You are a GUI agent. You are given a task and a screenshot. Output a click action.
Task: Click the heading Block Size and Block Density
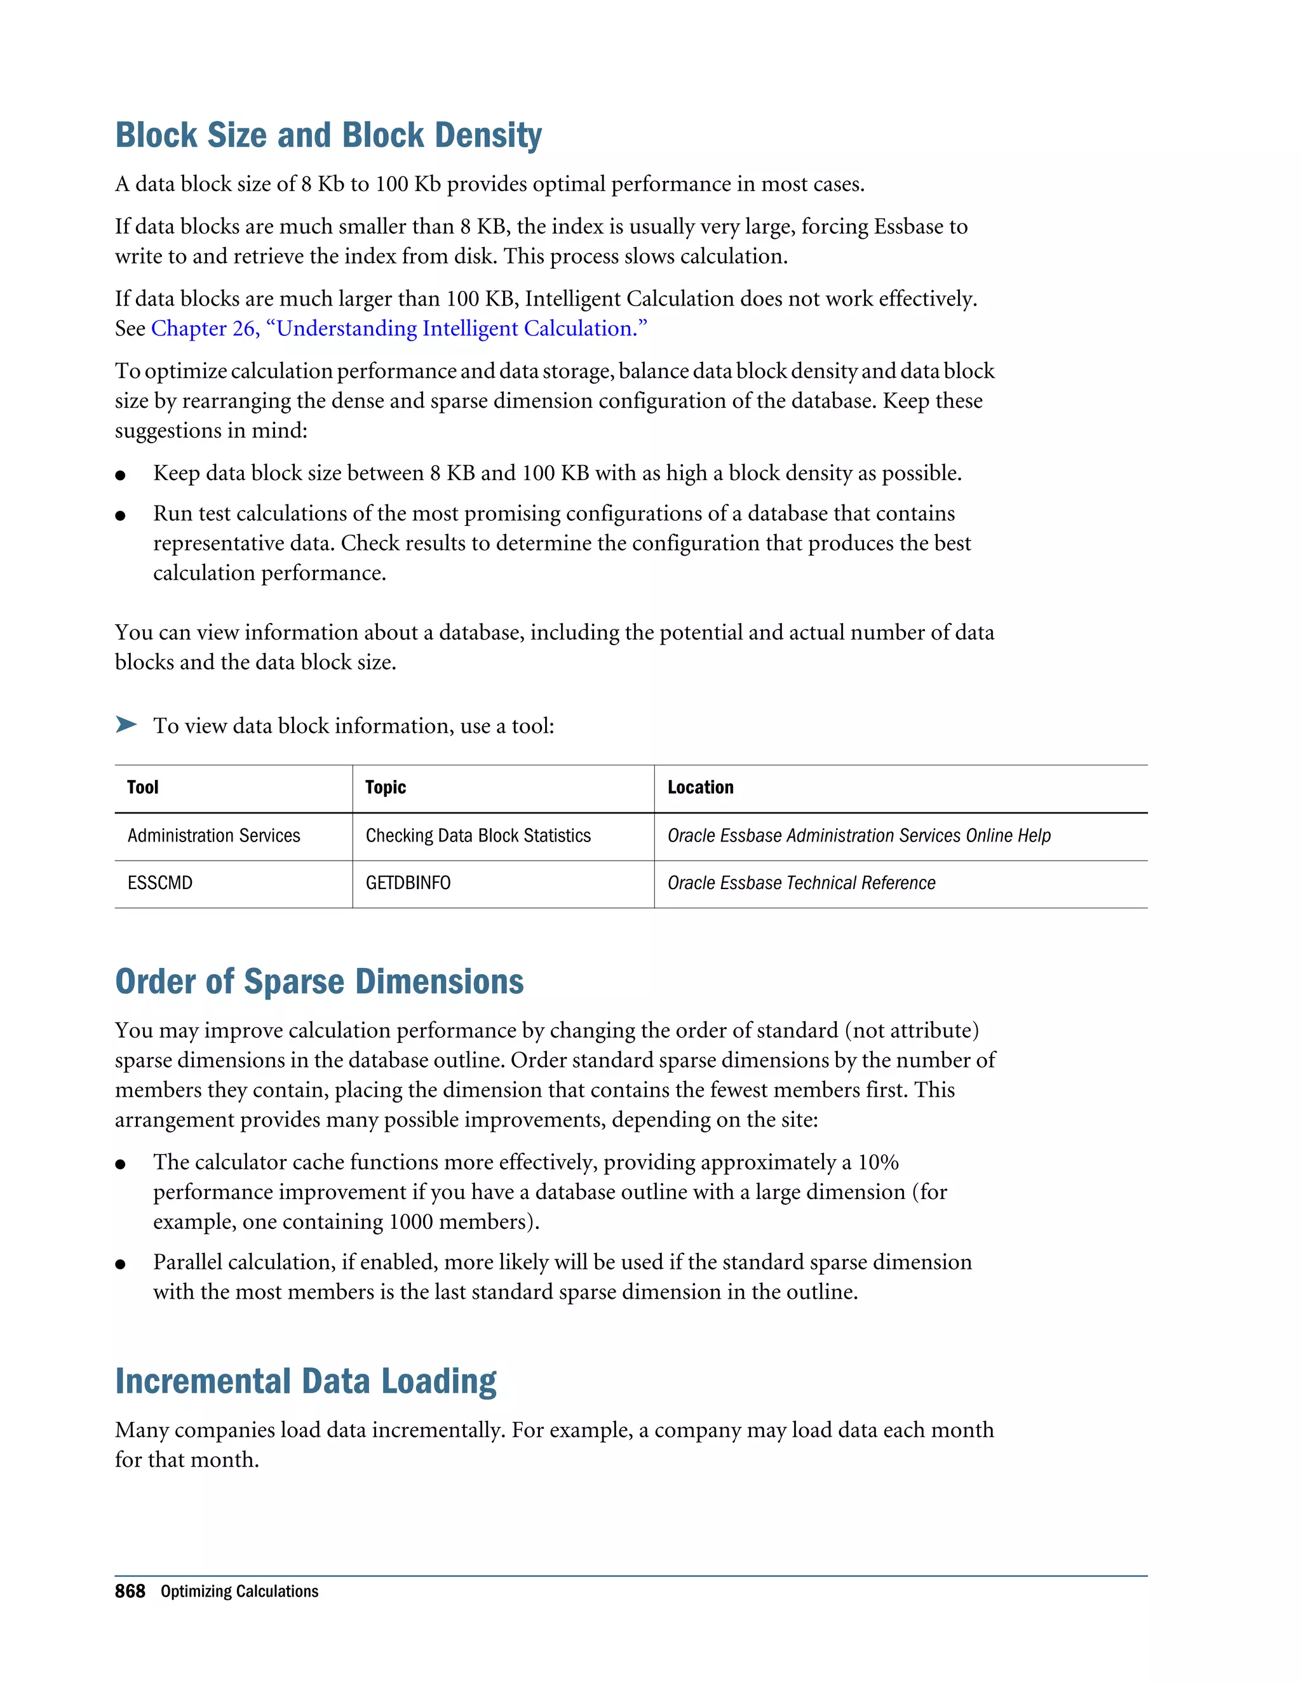click(x=328, y=136)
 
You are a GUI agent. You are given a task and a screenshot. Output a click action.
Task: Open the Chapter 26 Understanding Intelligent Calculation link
click(x=398, y=328)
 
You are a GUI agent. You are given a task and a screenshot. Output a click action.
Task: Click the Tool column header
click(x=142, y=787)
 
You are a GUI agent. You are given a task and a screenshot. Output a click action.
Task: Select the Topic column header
click(x=386, y=787)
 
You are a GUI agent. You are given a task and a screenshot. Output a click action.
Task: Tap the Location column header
click(x=700, y=787)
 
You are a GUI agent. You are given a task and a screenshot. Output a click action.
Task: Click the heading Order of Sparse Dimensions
click(x=319, y=982)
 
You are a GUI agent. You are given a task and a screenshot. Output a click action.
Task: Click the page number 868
click(x=130, y=1592)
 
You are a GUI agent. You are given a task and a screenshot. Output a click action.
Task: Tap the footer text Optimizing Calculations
click(x=239, y=1592)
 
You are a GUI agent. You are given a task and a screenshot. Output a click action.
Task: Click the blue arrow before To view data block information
click(x=126, y=725)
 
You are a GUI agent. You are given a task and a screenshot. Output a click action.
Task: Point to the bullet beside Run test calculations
click(x=120, y=516)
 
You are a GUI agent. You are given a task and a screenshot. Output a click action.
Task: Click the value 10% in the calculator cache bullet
click(x=878, y=1162)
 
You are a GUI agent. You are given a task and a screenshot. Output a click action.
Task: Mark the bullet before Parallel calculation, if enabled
click(x=120, y=1264)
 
